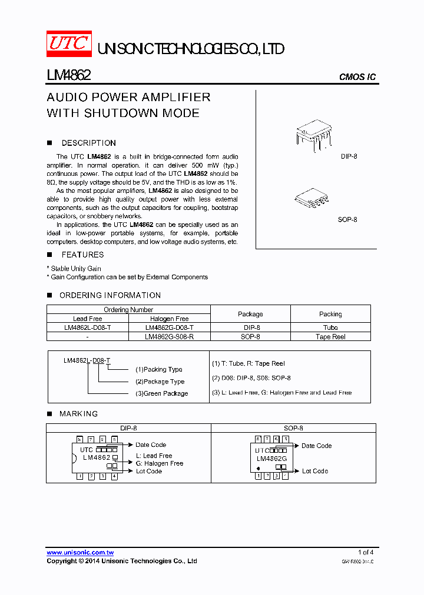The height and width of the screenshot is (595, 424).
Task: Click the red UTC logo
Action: [69, 44]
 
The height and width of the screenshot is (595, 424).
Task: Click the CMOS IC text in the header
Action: [357, 77]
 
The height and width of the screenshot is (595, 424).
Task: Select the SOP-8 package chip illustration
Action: [309, 199]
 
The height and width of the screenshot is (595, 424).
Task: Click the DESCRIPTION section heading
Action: [88, 143]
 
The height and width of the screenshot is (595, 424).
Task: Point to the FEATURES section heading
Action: [82, 255]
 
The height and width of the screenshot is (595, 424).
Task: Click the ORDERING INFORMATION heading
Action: [110, 295]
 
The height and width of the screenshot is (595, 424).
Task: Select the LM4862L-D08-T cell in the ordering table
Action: [88, 327]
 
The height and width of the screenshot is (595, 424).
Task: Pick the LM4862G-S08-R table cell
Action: [169, 337]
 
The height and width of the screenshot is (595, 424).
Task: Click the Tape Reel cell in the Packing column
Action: [330, 337]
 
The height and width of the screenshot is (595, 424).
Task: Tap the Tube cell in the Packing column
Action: [330, 327]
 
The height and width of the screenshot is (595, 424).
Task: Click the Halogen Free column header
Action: [169, 319]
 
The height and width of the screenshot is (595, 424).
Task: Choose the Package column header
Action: [250, 314]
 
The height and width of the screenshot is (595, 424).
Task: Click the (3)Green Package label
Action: [162, 393]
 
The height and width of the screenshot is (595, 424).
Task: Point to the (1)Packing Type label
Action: [159, 369]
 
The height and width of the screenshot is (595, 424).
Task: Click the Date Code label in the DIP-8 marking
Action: [151, 445]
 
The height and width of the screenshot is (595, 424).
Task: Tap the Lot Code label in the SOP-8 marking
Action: [315, 471]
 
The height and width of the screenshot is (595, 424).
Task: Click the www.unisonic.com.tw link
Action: [80, 552]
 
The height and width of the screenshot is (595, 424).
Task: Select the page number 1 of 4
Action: [365, 552]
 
